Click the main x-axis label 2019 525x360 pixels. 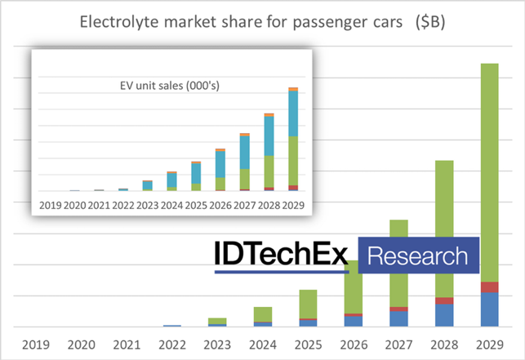tap(38, 343)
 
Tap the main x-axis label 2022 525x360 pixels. tap(172, 343)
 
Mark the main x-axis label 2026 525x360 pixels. tap(354, 343)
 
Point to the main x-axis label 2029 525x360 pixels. tap(489, 343)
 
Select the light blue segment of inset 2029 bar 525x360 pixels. tap(293, 114)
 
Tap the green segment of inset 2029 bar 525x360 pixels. tap(293, 161)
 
